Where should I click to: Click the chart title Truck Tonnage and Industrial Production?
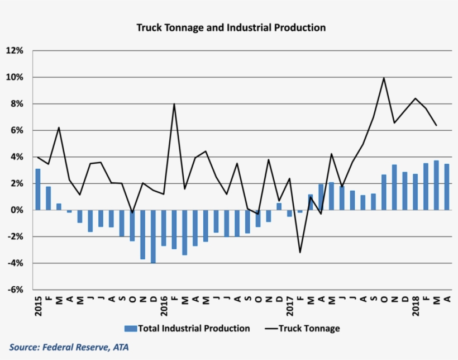231,27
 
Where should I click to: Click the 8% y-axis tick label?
17,104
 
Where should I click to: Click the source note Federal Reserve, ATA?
69,348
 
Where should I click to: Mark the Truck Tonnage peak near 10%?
384,78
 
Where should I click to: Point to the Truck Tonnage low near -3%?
300,253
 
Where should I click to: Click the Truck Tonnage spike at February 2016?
174,104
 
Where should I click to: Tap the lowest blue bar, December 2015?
153,236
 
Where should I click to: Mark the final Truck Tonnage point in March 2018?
436,125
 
